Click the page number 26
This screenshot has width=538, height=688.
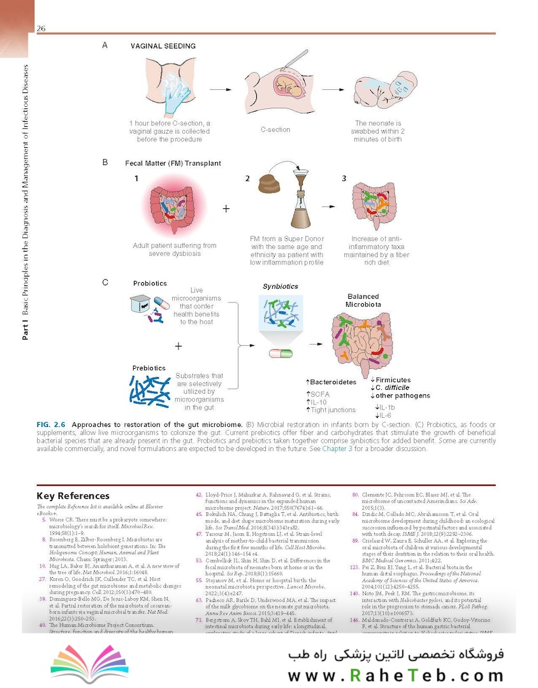click(41, 28)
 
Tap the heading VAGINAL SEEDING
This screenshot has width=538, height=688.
click(163, 46)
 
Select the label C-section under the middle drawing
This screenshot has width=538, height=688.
click(275, 129)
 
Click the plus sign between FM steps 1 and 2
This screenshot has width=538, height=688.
click(226, 208)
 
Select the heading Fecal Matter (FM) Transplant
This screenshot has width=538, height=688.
click(173, 163)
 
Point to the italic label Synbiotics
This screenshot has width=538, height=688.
click(280, 287)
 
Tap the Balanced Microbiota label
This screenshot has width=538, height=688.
click(363, 301)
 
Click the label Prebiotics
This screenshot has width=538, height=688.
click(149, 368)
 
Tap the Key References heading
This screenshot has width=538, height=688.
click(73, 496)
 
